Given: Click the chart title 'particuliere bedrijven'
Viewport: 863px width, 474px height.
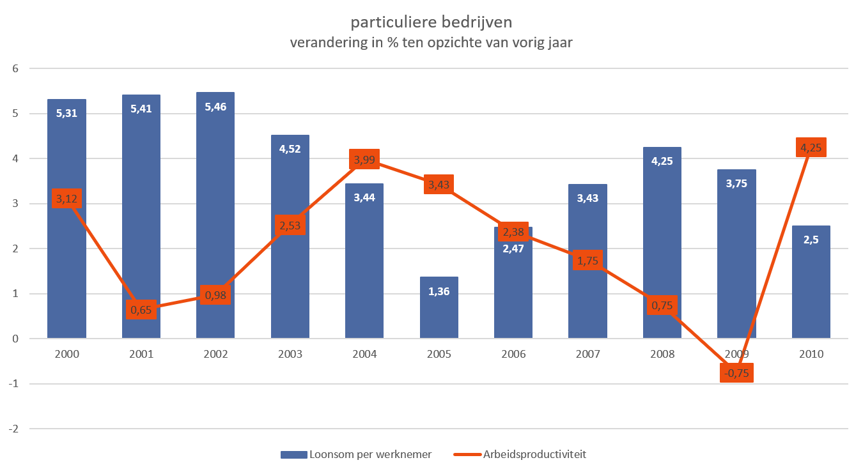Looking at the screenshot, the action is pos(431,22).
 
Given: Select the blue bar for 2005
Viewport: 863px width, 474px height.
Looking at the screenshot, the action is pos(439,307).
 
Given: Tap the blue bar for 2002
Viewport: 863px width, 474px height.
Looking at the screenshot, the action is pos(215,215).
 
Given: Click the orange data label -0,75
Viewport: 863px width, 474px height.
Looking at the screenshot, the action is pos(736,372).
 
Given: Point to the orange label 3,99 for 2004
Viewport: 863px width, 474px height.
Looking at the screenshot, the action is pos(364,159).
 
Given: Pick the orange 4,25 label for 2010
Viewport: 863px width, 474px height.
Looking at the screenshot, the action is pos(811,147).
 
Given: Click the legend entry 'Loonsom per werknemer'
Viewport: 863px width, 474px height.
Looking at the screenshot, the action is pos(356,454).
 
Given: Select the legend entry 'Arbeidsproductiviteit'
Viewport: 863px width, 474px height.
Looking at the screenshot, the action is pos(520,454).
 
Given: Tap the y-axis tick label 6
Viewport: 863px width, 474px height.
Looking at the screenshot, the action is pos(15,68).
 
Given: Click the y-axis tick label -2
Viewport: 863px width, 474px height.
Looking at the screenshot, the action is pos(13,429).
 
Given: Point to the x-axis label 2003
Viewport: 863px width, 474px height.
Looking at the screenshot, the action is pos(290,354).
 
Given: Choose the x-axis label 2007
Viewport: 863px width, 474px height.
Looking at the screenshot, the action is pos(588,354).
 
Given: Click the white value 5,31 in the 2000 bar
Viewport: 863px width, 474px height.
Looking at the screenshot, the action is pos(66,113).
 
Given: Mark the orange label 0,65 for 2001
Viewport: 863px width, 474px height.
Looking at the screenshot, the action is pos(141,309).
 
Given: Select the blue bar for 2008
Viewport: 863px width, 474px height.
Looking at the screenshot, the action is pos(662,243).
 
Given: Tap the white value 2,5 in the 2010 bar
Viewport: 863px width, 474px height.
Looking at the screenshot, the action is pos(811,240).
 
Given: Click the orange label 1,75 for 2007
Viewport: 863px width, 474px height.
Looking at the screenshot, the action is pos(587,260).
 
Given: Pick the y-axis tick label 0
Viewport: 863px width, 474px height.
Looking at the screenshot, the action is pos(15,339).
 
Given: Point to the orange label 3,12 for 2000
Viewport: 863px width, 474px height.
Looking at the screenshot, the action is pos(66,198).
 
